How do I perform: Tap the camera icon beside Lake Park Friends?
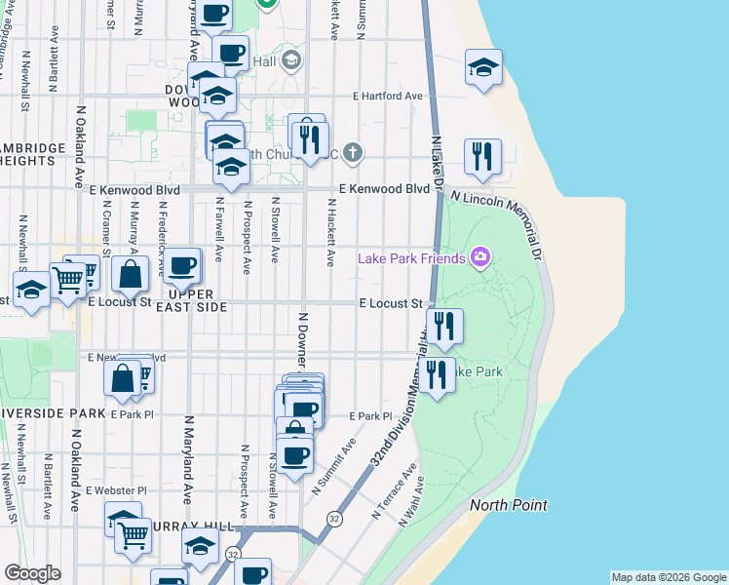click(480, 257)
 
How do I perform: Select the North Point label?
click(508, 505)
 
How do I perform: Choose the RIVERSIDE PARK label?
click(53, 413)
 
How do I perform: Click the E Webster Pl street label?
click(115, 490)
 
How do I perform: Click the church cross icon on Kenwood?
click(353, 152)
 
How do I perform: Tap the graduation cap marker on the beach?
click(483, 67)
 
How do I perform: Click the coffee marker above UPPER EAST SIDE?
click(181, 266)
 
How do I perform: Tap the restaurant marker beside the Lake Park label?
click(437, 374)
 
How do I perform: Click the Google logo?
click(33, 573)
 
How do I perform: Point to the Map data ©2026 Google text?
click(669, 577)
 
